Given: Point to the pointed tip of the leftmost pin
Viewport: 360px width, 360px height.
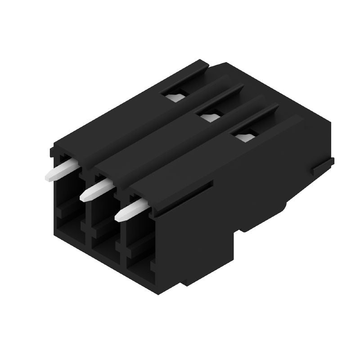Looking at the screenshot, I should pos(47,177).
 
